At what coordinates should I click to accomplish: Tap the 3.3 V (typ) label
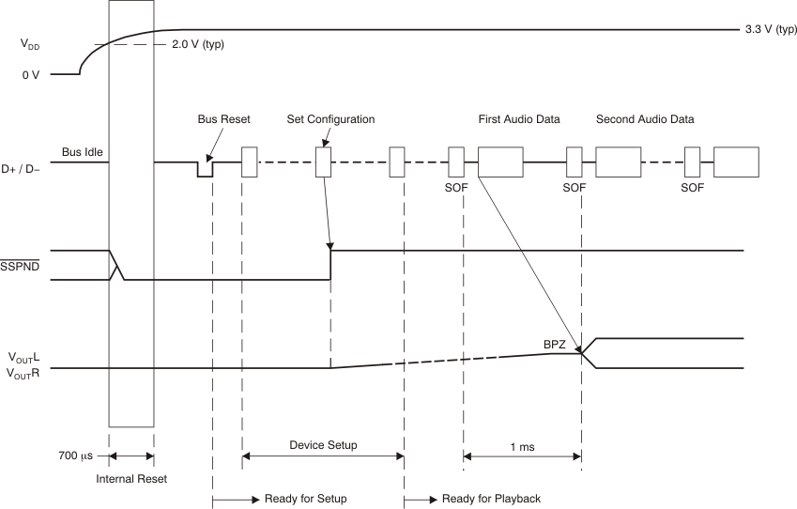pos(770,29)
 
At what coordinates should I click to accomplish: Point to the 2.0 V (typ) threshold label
pos(198,44)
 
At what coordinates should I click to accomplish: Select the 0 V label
pos(31,73)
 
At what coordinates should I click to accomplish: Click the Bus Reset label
pos(222,119)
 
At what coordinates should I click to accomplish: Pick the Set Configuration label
pos(330,119)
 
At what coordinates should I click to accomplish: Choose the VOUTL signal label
pos(23,357)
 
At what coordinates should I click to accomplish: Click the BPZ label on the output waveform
pos(554,345)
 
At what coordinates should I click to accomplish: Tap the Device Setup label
pos(322,445)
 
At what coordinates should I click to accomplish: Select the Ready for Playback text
pos(490,498)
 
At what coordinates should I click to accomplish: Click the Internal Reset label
pos(130,479)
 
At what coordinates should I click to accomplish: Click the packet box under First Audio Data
pos(500,162)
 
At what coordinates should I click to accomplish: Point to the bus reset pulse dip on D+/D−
pos(205,170)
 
